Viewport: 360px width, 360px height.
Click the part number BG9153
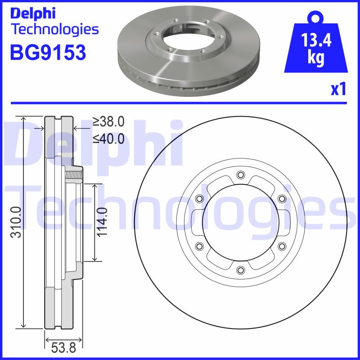click(48, 53)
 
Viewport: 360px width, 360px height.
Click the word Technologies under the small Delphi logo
click(54, 30)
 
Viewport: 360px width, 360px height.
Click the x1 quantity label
click(338, 89)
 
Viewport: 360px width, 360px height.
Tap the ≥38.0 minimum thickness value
click(108, 121)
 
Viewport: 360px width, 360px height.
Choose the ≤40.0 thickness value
click(108, 139)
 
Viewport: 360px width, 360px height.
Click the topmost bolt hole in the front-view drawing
click(240, 175)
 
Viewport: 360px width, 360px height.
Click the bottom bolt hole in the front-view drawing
click(240, 270)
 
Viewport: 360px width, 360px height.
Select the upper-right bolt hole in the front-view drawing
click(281, 199)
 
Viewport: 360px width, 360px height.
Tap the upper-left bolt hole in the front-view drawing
click(199, 199)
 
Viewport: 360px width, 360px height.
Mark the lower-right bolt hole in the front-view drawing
click(281, 246)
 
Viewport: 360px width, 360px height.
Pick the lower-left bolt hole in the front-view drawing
click(199, 246)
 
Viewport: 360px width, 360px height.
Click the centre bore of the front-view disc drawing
click(240, 222)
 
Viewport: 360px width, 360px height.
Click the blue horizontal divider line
click(180, 103)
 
